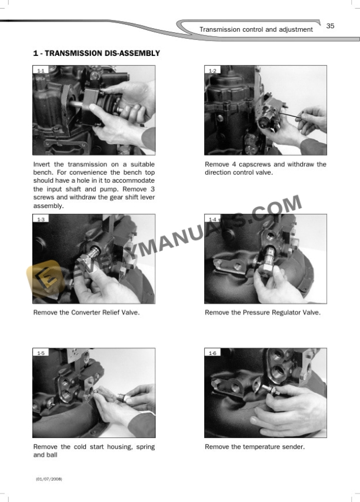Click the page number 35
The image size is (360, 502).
point(330,26)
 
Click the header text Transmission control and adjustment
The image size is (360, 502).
point(256,29)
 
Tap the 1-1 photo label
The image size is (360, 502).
point(41,71)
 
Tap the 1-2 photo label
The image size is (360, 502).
point(212,71)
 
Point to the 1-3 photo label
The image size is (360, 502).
point(41,219)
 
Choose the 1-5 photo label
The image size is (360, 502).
point(41,353)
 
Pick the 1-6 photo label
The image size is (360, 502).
point(212,353)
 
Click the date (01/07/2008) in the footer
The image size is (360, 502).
point(49,479)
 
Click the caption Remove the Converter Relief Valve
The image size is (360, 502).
point(86,313)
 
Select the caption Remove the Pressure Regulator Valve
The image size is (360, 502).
point(262,313)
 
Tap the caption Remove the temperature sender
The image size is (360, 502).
point(254,447)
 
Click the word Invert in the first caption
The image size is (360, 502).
point(43,165)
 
